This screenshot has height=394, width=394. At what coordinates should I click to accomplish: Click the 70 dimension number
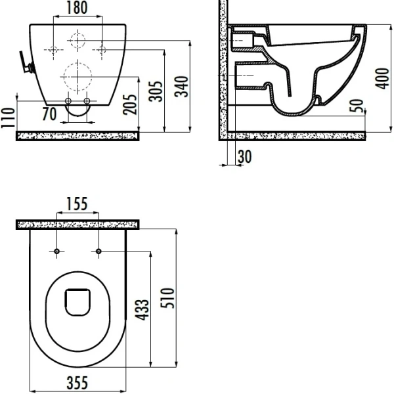coord(49,114)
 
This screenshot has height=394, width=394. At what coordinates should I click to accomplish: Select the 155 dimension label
coord(77,204)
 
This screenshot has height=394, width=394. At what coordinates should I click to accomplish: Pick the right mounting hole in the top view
coord(98,252)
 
